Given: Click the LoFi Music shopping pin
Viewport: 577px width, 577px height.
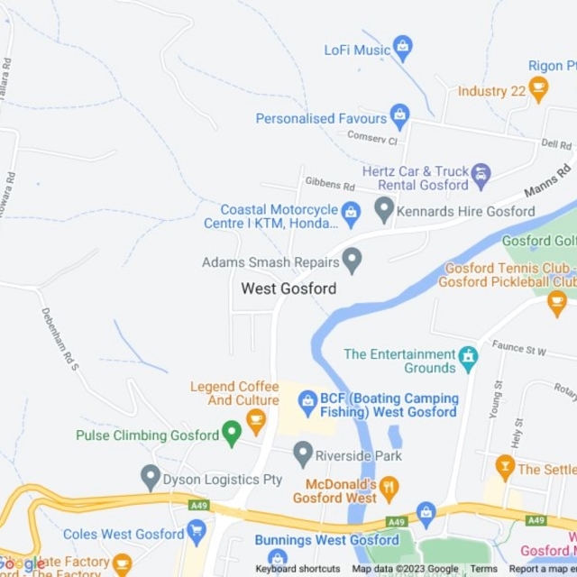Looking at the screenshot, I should pyautogui.click(x=403, y=48).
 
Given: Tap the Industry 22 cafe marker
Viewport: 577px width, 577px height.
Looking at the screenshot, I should pyautogui.click(x=538, y=89).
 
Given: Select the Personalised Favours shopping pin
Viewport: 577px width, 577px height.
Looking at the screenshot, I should pyautogui.click(x=398, y=116).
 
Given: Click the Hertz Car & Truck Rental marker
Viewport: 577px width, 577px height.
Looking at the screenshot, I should pyautogui.click(x=481, y=175).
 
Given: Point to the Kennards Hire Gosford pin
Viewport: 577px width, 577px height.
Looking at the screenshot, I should pyautogui.click(x=385, y=211).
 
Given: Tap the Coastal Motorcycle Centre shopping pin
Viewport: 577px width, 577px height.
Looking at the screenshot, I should pyautogui.click(x=351, y=214).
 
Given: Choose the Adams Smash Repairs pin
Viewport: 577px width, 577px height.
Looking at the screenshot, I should pyautogui.click(x=352, y=261).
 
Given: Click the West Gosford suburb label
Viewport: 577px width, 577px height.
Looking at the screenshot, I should pyautogui.click(x=288, y=288).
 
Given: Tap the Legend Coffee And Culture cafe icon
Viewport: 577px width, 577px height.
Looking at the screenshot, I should pyautogui.click(x=256, y=417).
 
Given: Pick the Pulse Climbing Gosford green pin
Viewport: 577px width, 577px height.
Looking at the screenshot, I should pyautogui.click(x=232, y=434).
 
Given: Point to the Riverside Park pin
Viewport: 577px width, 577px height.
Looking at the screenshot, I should pyautogui.click(x=302, y=453).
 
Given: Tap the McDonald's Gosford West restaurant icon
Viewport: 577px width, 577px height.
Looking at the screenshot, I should pyautogui.click(x=389, y=489).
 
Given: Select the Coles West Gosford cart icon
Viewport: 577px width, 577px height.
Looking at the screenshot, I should pyautogui.click(x=196, y=533).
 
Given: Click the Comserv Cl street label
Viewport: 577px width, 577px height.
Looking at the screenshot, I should pyautogui.click(x=372, y=140).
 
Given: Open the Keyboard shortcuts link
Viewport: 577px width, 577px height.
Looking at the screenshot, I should pyautogui.click(x=298, y=569).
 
